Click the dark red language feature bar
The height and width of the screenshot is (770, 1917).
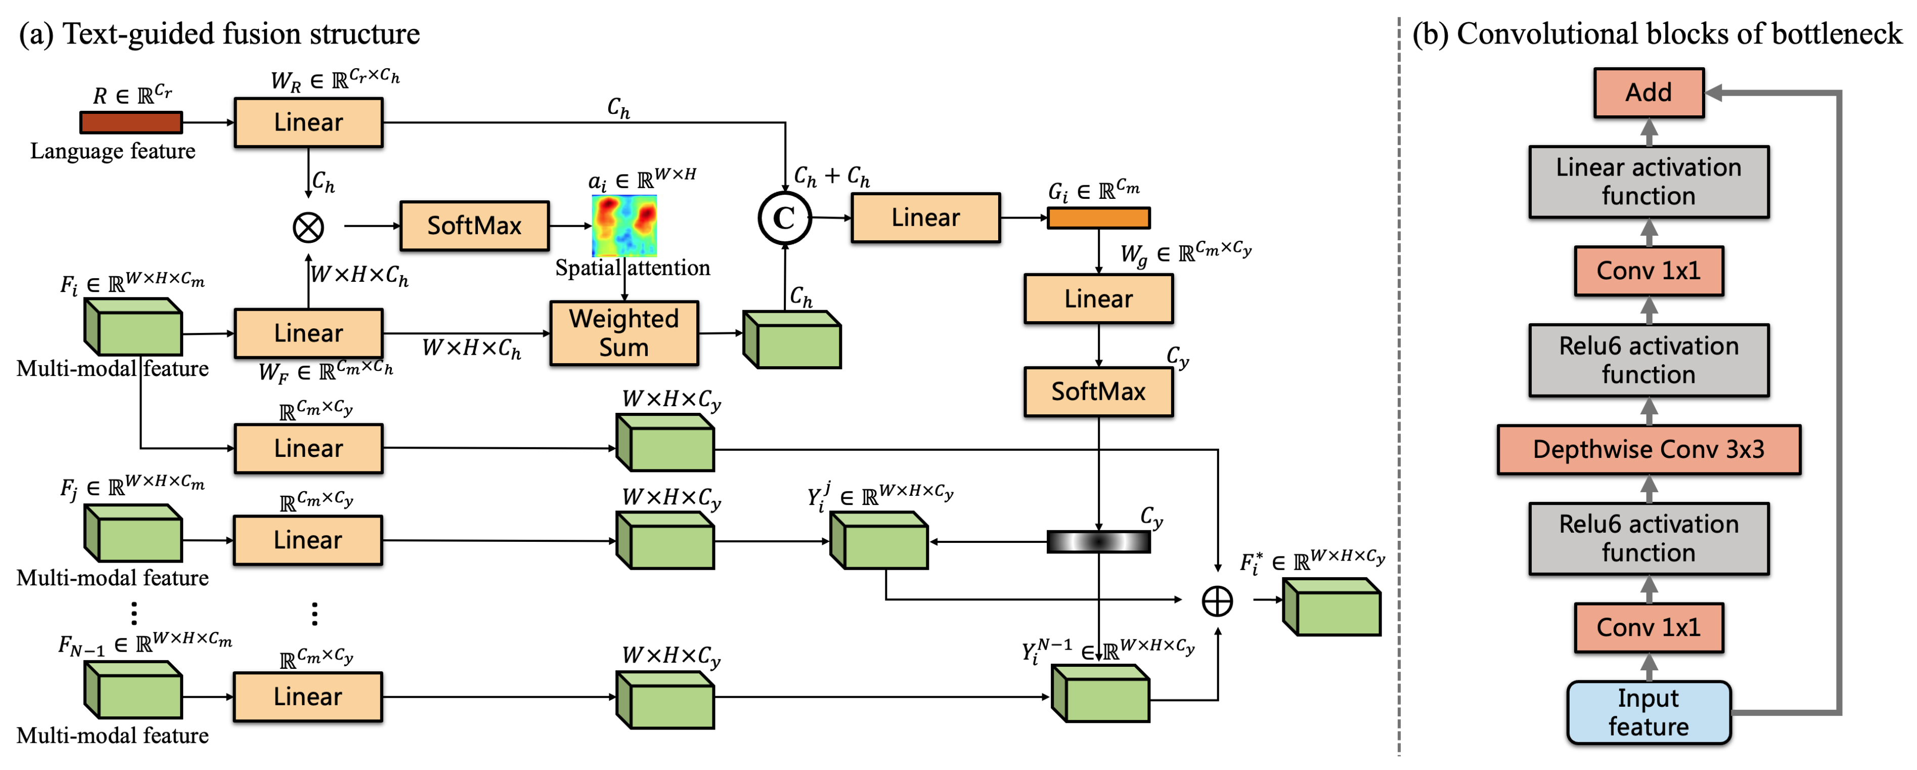[131, 122]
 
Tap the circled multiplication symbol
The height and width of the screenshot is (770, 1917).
[308, 227]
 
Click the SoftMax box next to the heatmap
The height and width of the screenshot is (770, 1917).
[474, 226]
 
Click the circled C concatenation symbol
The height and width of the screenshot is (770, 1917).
[784, 218]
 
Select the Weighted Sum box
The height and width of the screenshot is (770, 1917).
[623, 333]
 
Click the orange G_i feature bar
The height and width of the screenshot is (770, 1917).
[1098, 218]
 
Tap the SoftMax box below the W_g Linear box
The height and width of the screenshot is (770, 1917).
[1098, 392]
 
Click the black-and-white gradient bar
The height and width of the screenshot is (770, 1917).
[1098, 541]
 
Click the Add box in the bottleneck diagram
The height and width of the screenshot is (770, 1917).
[1648, 93]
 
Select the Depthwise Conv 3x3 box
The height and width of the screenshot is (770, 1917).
[1648, 450]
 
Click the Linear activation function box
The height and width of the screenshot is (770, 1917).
[1648, 182]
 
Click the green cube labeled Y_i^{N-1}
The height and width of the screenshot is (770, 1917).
[1101, 694]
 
